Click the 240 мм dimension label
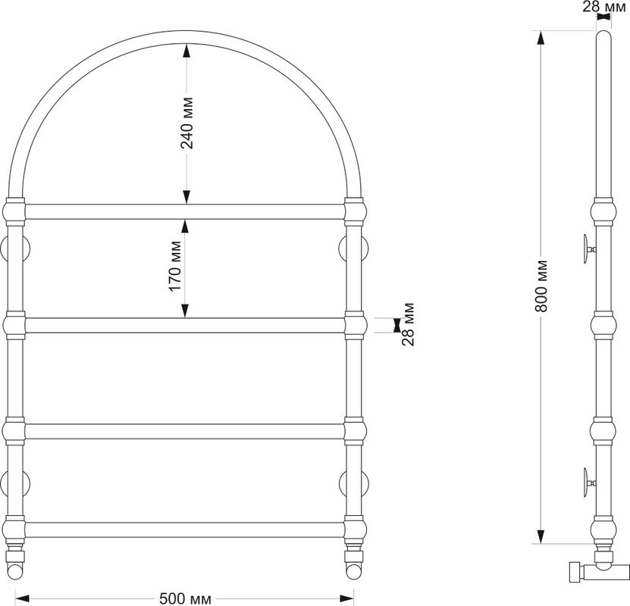pos(186,123)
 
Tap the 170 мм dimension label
pos(175,267)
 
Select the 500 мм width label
pos(185,598)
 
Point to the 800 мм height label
pos(541,286)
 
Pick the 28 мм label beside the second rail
pos(407,324)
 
